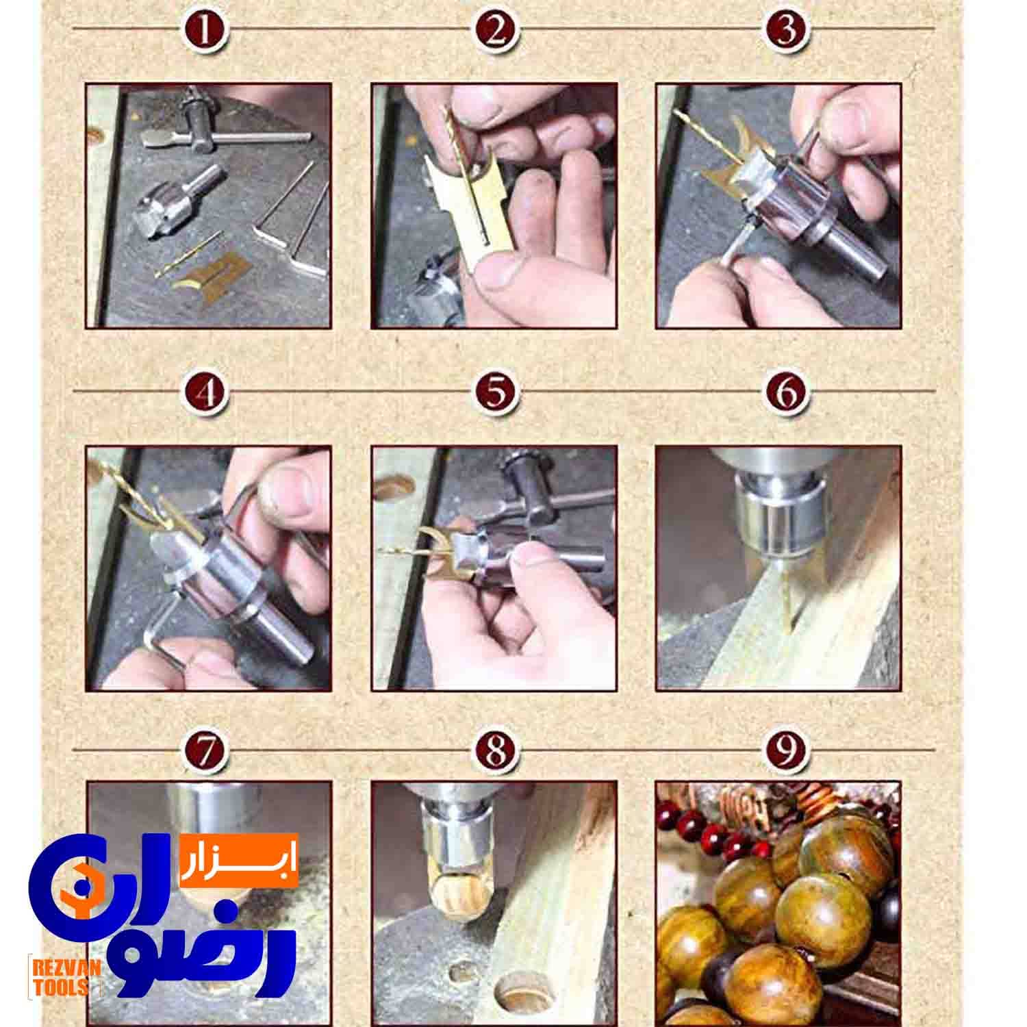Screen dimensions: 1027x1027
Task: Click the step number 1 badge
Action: (x=205, y=29)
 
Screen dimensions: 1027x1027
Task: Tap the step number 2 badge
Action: (x=496, y=29)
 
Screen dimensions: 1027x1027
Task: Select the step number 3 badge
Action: (x=786, y=29)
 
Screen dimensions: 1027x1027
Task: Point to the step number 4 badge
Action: (x=205, y=392)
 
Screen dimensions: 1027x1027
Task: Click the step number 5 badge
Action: (x=496, y=392)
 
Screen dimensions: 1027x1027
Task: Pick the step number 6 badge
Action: (x=786, y=392)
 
